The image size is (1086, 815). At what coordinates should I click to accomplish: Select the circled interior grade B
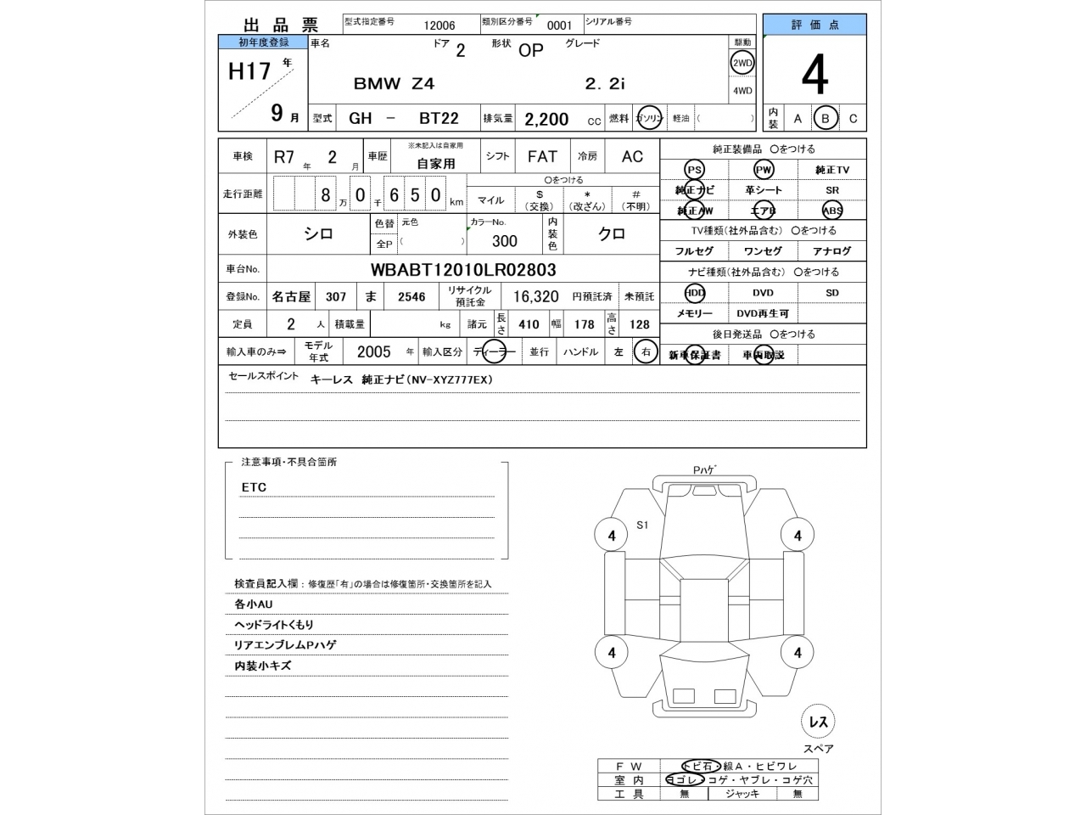(x=825, y=119)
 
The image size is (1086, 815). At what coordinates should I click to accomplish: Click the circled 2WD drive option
(x=742, y=63)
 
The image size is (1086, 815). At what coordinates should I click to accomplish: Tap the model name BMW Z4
(x=394, y=83)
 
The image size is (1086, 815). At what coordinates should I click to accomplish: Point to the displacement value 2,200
(x=546, y=119)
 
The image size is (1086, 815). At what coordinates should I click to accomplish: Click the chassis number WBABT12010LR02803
(x=463, y=270)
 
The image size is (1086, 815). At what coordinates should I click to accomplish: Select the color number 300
(x=504, y=241)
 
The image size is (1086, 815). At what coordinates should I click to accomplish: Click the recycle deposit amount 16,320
(x=535, y=296)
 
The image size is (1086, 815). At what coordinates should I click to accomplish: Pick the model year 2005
(x=373, y=351)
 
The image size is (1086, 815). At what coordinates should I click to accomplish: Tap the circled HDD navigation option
(x=694, y=293)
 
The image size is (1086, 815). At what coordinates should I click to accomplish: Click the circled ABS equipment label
(x=831, y=211)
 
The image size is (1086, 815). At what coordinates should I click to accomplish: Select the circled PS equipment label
(x=694, y=170)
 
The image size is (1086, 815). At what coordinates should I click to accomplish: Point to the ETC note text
(x=254, y=487)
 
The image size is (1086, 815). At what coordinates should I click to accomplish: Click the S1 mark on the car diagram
(x=642, y=526)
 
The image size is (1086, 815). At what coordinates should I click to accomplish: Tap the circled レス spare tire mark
(x=818, y=722)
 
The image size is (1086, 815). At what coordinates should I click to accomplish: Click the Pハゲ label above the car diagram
(x=704, y=470)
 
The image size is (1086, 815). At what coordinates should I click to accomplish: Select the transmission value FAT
(x=542, y=156)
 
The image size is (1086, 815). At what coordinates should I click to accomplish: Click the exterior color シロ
(x=318, y=234)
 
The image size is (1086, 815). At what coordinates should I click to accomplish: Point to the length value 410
(x=529, y=324)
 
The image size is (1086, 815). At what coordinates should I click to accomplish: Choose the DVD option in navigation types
(x=763, y=293)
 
